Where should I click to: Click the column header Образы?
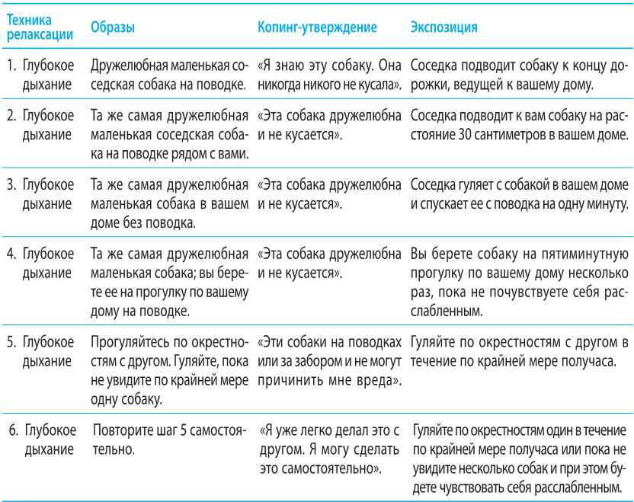tap(113, 27)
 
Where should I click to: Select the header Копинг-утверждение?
tap(317, 27)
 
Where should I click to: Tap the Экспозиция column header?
tap(443, 27)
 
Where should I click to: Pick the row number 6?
tap(12, 429)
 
